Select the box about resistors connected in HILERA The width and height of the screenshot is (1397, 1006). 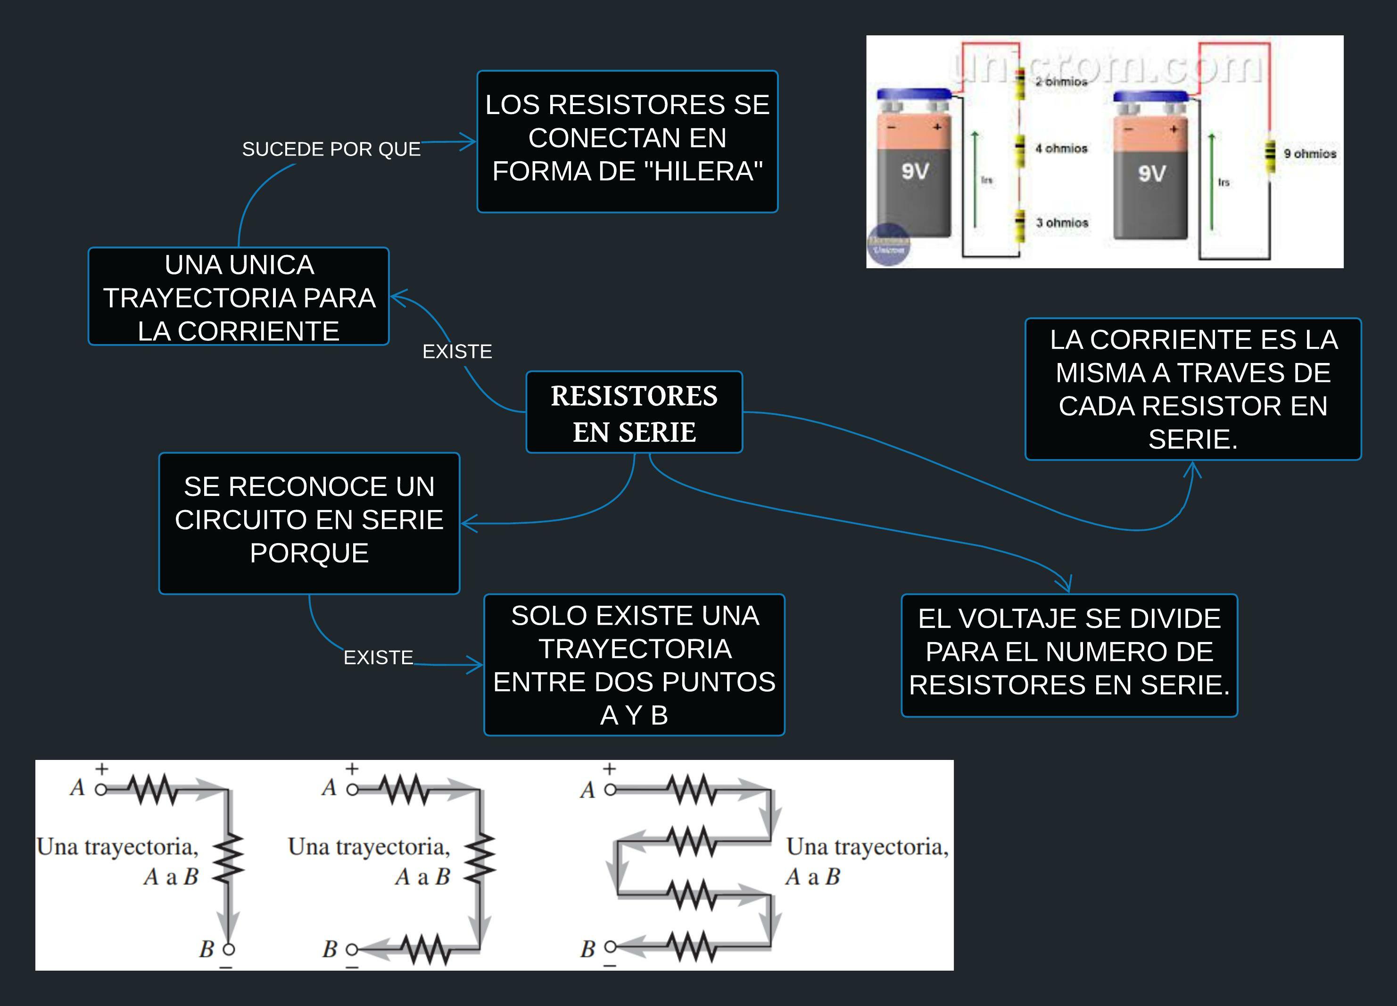[627, 142]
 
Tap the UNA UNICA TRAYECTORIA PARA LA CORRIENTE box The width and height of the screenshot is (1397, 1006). [239, 297]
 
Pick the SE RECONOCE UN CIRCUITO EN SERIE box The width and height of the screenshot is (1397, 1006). [309, 522]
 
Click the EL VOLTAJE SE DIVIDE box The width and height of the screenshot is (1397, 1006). [1069, 654]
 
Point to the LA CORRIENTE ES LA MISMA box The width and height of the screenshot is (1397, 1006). [1192, 389]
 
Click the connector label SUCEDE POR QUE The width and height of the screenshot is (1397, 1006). [331, 149]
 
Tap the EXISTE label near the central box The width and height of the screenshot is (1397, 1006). [457, 351]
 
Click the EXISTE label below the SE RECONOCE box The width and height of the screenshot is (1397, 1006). [378, 657]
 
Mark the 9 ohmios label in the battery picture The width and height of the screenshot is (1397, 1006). [1309, 153]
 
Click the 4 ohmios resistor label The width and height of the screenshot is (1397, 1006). [1061, 148]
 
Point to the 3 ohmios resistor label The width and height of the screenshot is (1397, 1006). [1061, 223]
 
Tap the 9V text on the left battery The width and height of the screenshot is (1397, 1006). [915, 171]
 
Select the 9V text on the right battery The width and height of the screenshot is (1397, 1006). [1151, 174]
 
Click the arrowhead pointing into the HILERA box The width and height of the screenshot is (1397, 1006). [471, 142]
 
